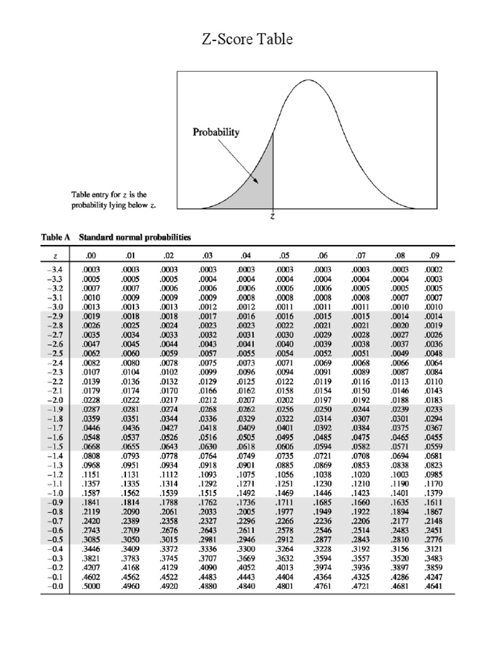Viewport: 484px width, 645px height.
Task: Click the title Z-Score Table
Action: click(x=247, y=40)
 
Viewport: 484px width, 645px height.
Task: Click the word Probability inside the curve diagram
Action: click(x=216, y=133)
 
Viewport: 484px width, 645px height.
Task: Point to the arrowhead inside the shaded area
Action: click(x=256, y=180)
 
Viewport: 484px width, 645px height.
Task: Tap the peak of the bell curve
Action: click(x=309, y=81)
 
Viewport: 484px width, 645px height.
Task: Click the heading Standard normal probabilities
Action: click(x=135, y=238)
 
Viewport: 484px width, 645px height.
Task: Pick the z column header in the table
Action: click(x=56, y=256)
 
